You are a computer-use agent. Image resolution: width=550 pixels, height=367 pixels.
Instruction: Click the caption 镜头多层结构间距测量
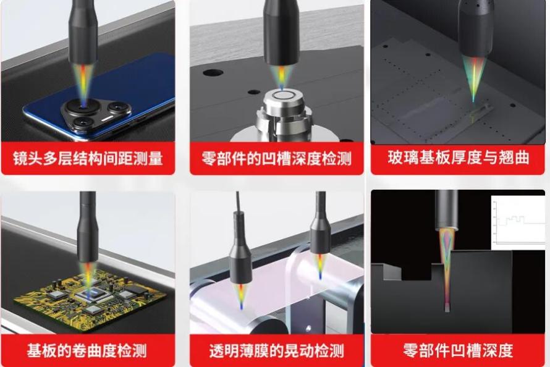pyautogui.click(x=88, y=158)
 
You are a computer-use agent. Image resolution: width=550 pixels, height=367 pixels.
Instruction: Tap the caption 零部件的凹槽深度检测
pyautogui.click(x=276, y=158)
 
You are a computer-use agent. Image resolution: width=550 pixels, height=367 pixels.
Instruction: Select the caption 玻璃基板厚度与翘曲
pyautogui.click(x=458, y=158)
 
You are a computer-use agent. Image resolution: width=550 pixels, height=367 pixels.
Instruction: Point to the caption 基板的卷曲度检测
pyautogui.click(x=87, y=350)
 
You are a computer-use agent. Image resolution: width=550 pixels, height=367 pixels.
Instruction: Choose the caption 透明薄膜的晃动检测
pyautogui.click(x=276, y=350)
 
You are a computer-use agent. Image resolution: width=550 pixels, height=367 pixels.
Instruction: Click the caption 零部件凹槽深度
pyautogui.click(x=458, y=350)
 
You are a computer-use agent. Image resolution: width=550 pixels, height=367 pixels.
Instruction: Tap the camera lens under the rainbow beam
pyautogui.click(x=83, y=107)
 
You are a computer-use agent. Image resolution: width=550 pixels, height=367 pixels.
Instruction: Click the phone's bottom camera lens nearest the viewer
pyautogui.click(x=85, y=124)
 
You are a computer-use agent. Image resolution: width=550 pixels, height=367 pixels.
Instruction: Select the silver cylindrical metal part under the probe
pyautogui.click(x=282, y=112)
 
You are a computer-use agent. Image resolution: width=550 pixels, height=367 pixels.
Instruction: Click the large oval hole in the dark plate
pyautogui.click(x=213, y=73)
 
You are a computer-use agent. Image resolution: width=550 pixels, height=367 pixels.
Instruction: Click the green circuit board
pyautogui.click(x=90, y=298)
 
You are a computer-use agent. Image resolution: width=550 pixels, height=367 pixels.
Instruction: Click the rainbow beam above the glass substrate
pyautogui.click(x=473, y=78)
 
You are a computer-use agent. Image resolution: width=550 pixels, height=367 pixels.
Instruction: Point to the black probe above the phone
pyautogui.click(x=83, y=32)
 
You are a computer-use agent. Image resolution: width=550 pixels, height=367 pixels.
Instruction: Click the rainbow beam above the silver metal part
pyautogui.click(x=281, y=77)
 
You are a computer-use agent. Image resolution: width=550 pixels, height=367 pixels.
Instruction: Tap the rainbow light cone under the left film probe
pyautogui.click(x=241, y=296)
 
